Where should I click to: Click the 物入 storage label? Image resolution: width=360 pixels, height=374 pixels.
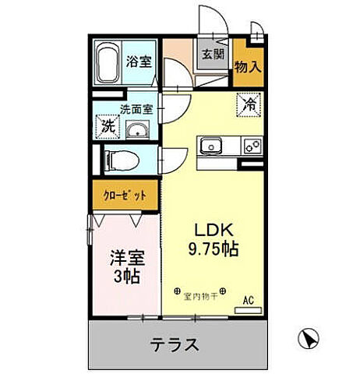(x=248, y=67)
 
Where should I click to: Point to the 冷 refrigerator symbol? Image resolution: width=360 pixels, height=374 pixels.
(x=249, y=104)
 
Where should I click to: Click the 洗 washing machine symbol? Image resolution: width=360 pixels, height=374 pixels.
(x=105, y=125)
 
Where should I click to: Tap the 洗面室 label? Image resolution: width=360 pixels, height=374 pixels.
(x=133, y=109)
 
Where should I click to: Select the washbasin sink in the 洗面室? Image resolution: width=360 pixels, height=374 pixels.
(x=137, y=130)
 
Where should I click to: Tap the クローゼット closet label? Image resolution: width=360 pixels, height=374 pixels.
(x=124, y=196)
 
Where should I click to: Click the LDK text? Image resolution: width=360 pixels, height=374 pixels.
(x=211, y=231)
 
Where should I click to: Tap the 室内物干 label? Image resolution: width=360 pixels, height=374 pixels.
(x=200, y=295)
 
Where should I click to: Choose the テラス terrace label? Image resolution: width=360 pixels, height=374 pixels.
(x=173, y=344)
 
